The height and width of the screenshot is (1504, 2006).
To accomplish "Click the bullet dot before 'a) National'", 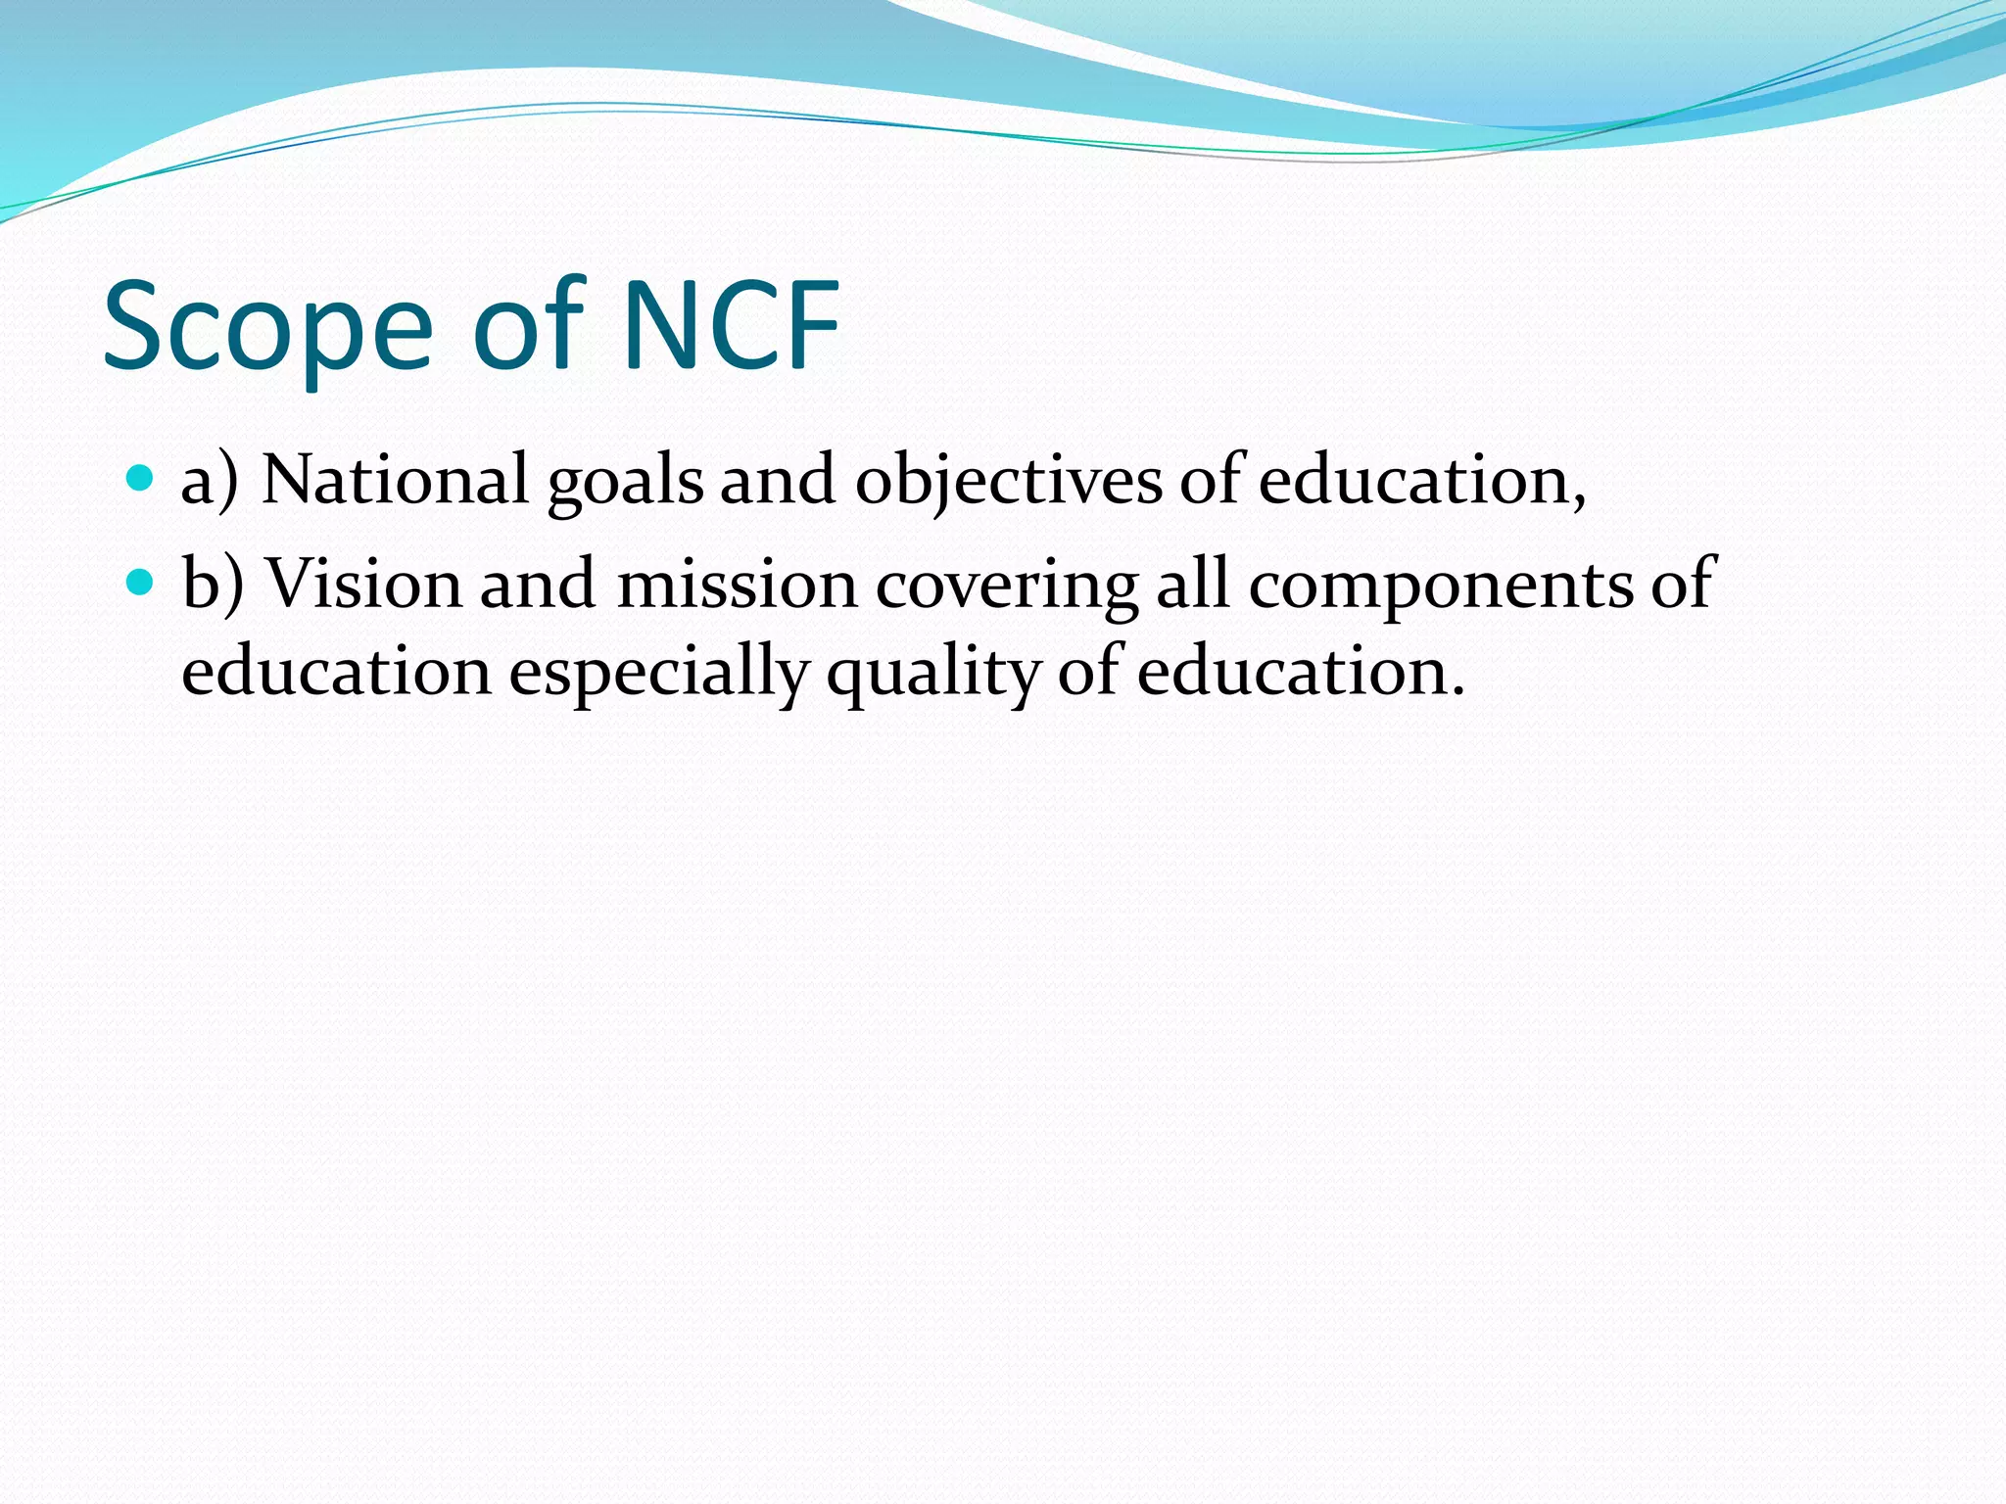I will [141, 479].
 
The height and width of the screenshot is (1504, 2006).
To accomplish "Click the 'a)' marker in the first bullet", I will [210, 481].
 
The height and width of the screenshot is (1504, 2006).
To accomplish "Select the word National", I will [395, 481].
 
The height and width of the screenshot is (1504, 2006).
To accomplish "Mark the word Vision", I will [363, 585].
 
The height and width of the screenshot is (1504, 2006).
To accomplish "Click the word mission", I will [737, 585].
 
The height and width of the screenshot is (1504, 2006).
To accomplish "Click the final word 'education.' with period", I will [1301, 673].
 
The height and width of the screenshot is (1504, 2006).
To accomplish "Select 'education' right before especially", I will [336, 673].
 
